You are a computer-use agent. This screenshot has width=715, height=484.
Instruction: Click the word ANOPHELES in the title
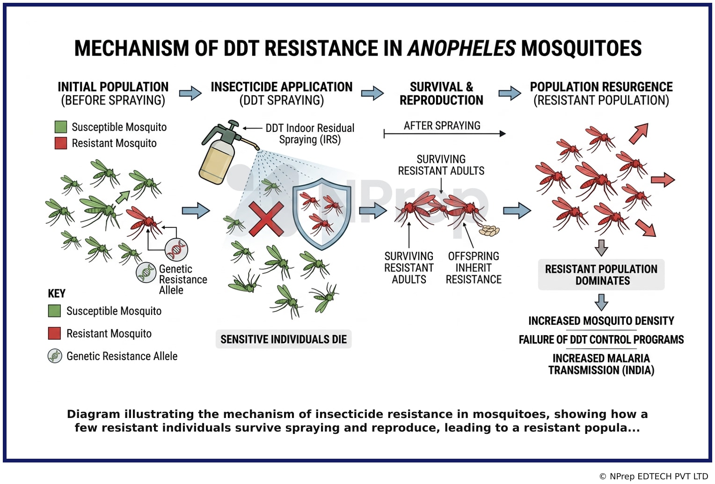click(x=461, y=48)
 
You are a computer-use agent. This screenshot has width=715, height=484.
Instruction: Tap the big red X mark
click(x=266, y=219)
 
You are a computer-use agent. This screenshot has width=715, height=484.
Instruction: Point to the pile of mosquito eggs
click(x=489, y=230)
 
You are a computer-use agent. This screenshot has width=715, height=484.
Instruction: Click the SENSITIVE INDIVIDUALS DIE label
click(x=284, y=339)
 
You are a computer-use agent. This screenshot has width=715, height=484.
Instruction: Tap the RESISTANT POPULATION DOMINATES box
click(x=601, y=275)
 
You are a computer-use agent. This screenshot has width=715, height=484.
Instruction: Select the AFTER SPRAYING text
click(x=442, y=126)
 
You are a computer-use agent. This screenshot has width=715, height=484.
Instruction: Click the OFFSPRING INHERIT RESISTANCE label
click(x=474, y=268)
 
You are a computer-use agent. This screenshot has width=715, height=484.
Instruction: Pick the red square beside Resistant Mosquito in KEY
click(x=54, y=333)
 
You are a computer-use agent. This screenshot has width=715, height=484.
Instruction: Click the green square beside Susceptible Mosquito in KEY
click(x=54, y=311)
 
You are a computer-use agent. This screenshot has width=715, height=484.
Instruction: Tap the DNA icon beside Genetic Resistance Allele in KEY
click(x=55, y=356)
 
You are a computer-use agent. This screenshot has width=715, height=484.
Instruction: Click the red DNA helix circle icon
click(x=176, y=249)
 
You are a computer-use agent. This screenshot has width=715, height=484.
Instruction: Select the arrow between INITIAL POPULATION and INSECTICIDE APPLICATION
click(x=190, y=93)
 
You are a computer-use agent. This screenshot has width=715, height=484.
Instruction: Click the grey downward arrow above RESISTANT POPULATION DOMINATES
click(x=601, y=248)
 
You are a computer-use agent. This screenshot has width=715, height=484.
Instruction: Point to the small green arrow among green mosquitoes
click(x=123, y=197)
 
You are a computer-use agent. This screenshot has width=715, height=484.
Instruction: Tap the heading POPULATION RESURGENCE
click(x=601, y=87)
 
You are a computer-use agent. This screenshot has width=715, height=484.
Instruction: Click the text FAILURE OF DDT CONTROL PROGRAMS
click(x=601, y=340)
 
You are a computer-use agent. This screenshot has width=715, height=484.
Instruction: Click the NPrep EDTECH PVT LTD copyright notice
click(x=654, y=477)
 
